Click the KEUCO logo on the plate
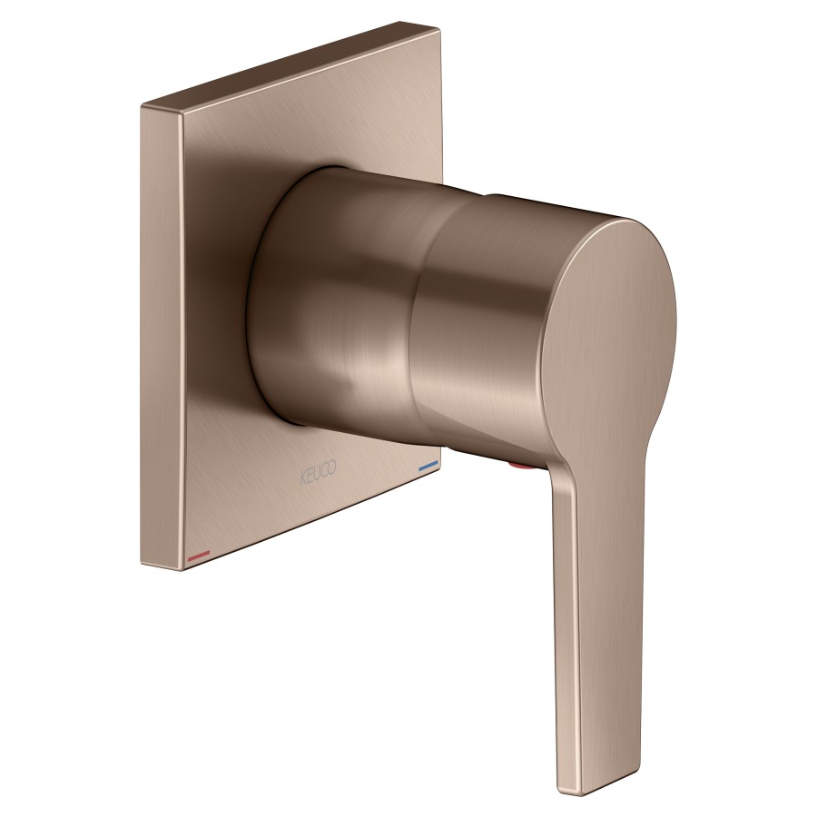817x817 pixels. [319, 473]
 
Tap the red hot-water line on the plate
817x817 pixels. [199, 556]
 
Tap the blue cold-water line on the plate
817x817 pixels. [428, 466]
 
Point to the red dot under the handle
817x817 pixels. [522, 467]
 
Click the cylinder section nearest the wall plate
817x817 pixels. [339, 302]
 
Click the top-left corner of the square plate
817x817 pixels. [142, 107]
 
